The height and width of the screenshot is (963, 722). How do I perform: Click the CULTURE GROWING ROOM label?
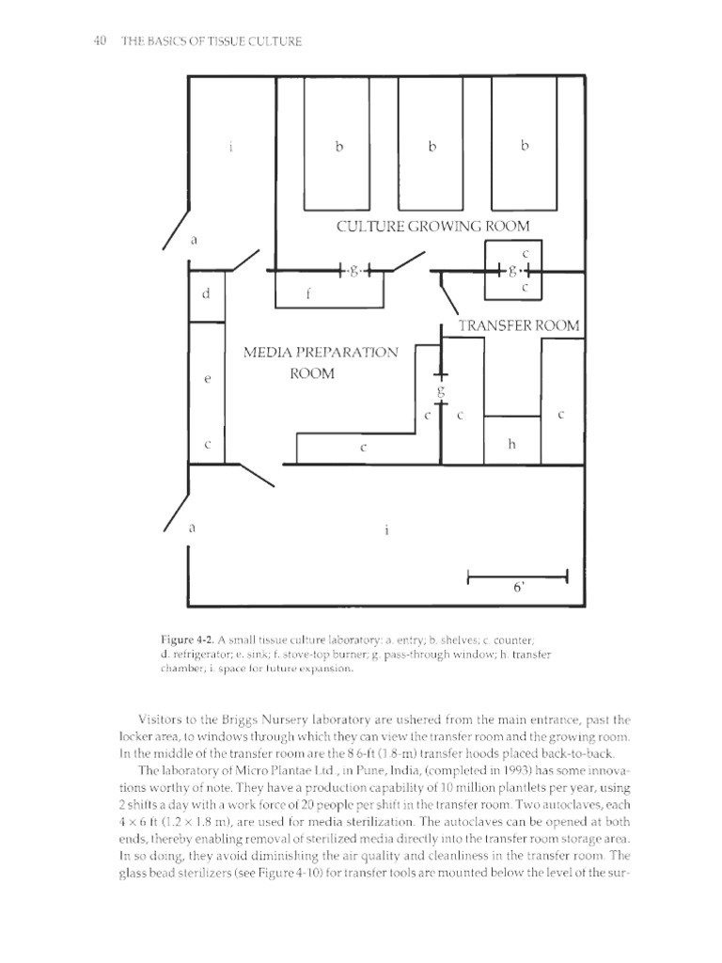pyautogui.click(x=432, y=226)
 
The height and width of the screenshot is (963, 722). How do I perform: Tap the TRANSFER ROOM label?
pyautogui.click(x=518, y=325)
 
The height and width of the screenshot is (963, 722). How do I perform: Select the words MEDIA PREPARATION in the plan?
pyautogui.click(x=321, y=352)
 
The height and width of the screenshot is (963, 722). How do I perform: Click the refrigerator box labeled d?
pyautogui.click(x=207, y=294)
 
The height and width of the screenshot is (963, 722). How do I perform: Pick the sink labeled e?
pyautogui.click(x=207, y=379)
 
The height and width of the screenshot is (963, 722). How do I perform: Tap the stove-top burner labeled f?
pyautogui.click(x=329, y=293)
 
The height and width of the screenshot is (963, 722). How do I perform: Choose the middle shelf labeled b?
pyautogui.click(x=432, y=146)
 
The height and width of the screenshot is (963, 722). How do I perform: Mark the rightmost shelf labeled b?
pyautogui.click(x=525, y=146)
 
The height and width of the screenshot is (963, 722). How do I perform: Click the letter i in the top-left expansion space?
pyautogui.click(x=230, y=146)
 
